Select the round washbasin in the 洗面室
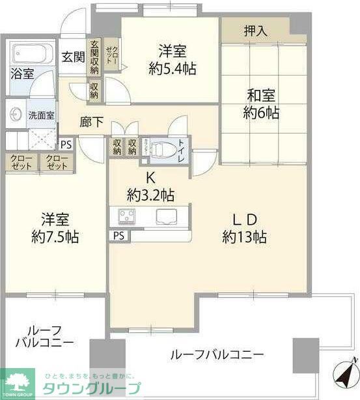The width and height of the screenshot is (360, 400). pyautogui.click(x=16, y=115)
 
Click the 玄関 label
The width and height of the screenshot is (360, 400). pyautogui.click(x=73, y=56)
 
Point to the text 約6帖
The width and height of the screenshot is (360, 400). pyautogui.click(x=261, y=113)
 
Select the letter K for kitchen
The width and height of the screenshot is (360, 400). pyautogui.click(x=149, y=177)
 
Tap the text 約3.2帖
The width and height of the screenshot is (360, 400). pyautogui.click(x=150, y=194)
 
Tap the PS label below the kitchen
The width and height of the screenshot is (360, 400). pyautogui.click(x=118, y=235)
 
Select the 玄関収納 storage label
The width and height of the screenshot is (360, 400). pyautogui.click(x=94, y=57)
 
